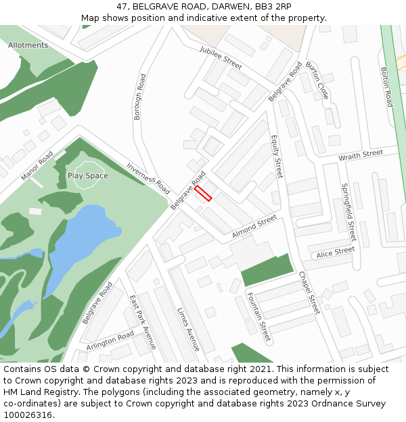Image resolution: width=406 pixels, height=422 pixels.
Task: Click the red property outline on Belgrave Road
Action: click(x=204, y=194)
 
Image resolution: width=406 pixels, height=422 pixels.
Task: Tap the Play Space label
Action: click(x=87, y=176)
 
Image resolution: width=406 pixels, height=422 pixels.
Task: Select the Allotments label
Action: click(x=28, y=45)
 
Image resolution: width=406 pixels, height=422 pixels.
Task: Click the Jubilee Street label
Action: click(x=221, y=58)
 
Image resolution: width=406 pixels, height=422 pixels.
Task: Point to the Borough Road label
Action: click(x=139, y=97)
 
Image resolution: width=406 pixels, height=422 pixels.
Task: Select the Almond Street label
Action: click(x=254, y=226)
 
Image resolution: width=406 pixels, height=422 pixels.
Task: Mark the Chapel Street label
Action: click(x=309, y=292)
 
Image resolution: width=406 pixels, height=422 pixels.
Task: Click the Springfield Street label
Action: click(x=348, y=213)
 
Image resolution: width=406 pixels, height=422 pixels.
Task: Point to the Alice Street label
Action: click(x=336, y=252)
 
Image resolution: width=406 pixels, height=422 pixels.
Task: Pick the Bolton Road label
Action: click(x=386, y=86)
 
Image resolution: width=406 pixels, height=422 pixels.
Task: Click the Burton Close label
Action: click(x=317, y=80)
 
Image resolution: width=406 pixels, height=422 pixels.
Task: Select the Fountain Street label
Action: click(x=258, y=315)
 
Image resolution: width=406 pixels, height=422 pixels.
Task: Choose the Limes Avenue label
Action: click(x=188, y=329)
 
